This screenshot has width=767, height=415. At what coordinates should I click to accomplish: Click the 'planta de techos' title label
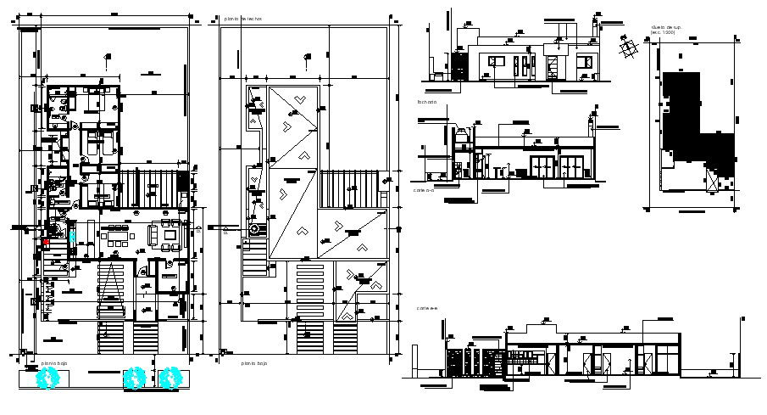[243, 18]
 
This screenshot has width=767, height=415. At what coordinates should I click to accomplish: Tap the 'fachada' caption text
[426, 102]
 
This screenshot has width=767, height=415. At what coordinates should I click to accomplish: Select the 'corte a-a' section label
[425, 191]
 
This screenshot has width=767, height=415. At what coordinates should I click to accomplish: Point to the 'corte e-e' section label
[425, 308]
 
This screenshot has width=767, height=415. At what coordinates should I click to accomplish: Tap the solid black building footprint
[691, 123]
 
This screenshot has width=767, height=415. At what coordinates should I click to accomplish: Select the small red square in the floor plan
[46, 242]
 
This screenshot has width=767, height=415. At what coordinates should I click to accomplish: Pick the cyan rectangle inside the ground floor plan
[72, 236]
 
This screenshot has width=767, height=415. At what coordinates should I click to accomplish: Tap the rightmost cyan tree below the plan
[172, 377]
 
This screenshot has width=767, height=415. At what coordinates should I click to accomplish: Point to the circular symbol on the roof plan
[253, 229]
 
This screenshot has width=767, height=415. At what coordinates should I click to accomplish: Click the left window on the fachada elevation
[494, 61]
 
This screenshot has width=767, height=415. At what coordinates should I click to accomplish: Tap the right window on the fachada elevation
[585, 61]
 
